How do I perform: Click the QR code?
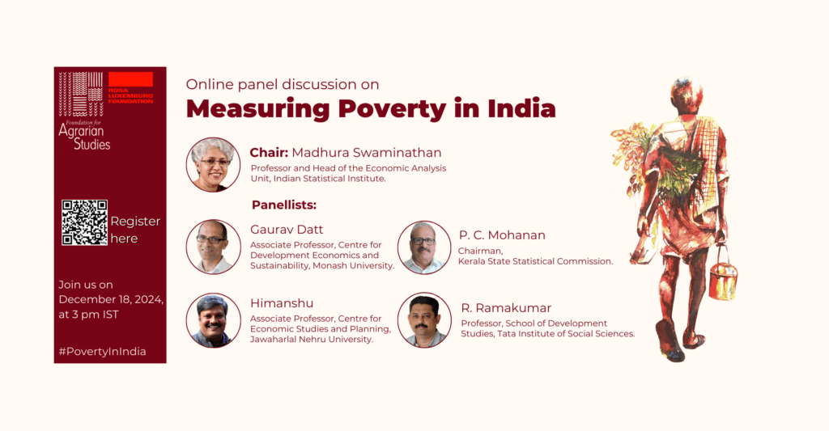coord(84,222)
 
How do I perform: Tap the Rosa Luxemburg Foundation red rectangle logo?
coord(130,79)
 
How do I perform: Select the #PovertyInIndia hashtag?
coord(102,351)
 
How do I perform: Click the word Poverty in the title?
coord(392,109)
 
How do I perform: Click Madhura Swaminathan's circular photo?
coord(213,165)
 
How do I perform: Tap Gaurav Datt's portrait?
coord(213,247)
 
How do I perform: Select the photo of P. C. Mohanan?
coord(424,247)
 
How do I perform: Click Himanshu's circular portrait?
coord(213,320)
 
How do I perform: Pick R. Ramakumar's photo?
coord(424,320)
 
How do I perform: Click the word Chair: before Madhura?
coord(269,153)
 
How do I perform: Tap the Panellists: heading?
coord(284,205)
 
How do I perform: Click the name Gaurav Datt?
coord(287,230)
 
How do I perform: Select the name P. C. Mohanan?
coord(502,235)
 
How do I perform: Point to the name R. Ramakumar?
coord(506,308)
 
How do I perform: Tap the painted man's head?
coord(687,95)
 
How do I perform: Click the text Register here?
coord(135,230)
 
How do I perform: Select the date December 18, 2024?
coord(110,299)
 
